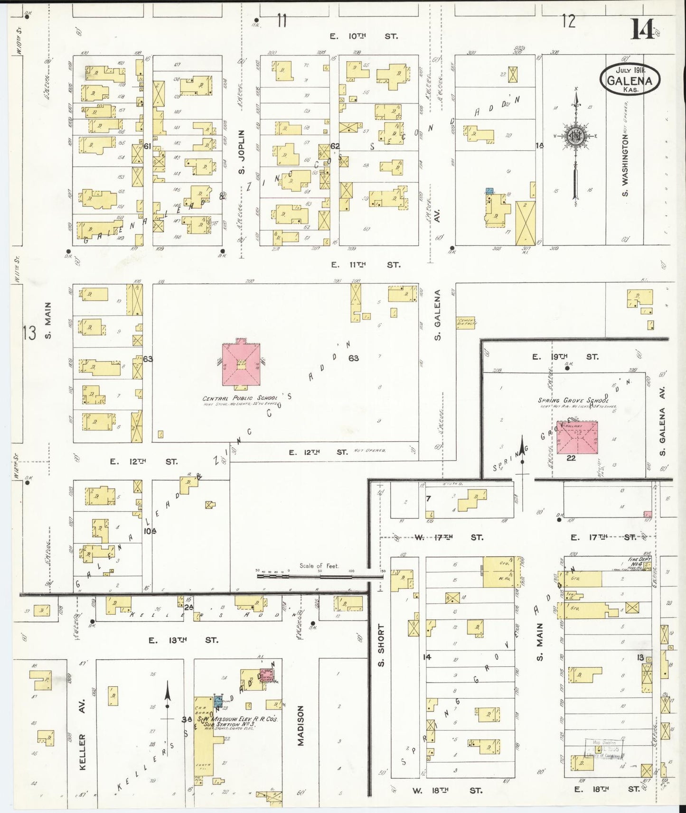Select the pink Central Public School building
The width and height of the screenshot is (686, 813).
[x=242, y=364]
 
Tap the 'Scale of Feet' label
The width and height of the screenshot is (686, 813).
[x=319, y=565]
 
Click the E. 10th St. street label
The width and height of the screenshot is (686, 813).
[x=364, y=36]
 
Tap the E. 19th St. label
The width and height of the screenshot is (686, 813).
[x=564, y=357]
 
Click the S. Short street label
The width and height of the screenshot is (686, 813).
[x=381, y=645]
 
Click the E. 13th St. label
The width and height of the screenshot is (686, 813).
[x=183, y=640]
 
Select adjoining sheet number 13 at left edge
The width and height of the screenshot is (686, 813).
[x=29, y=333]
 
